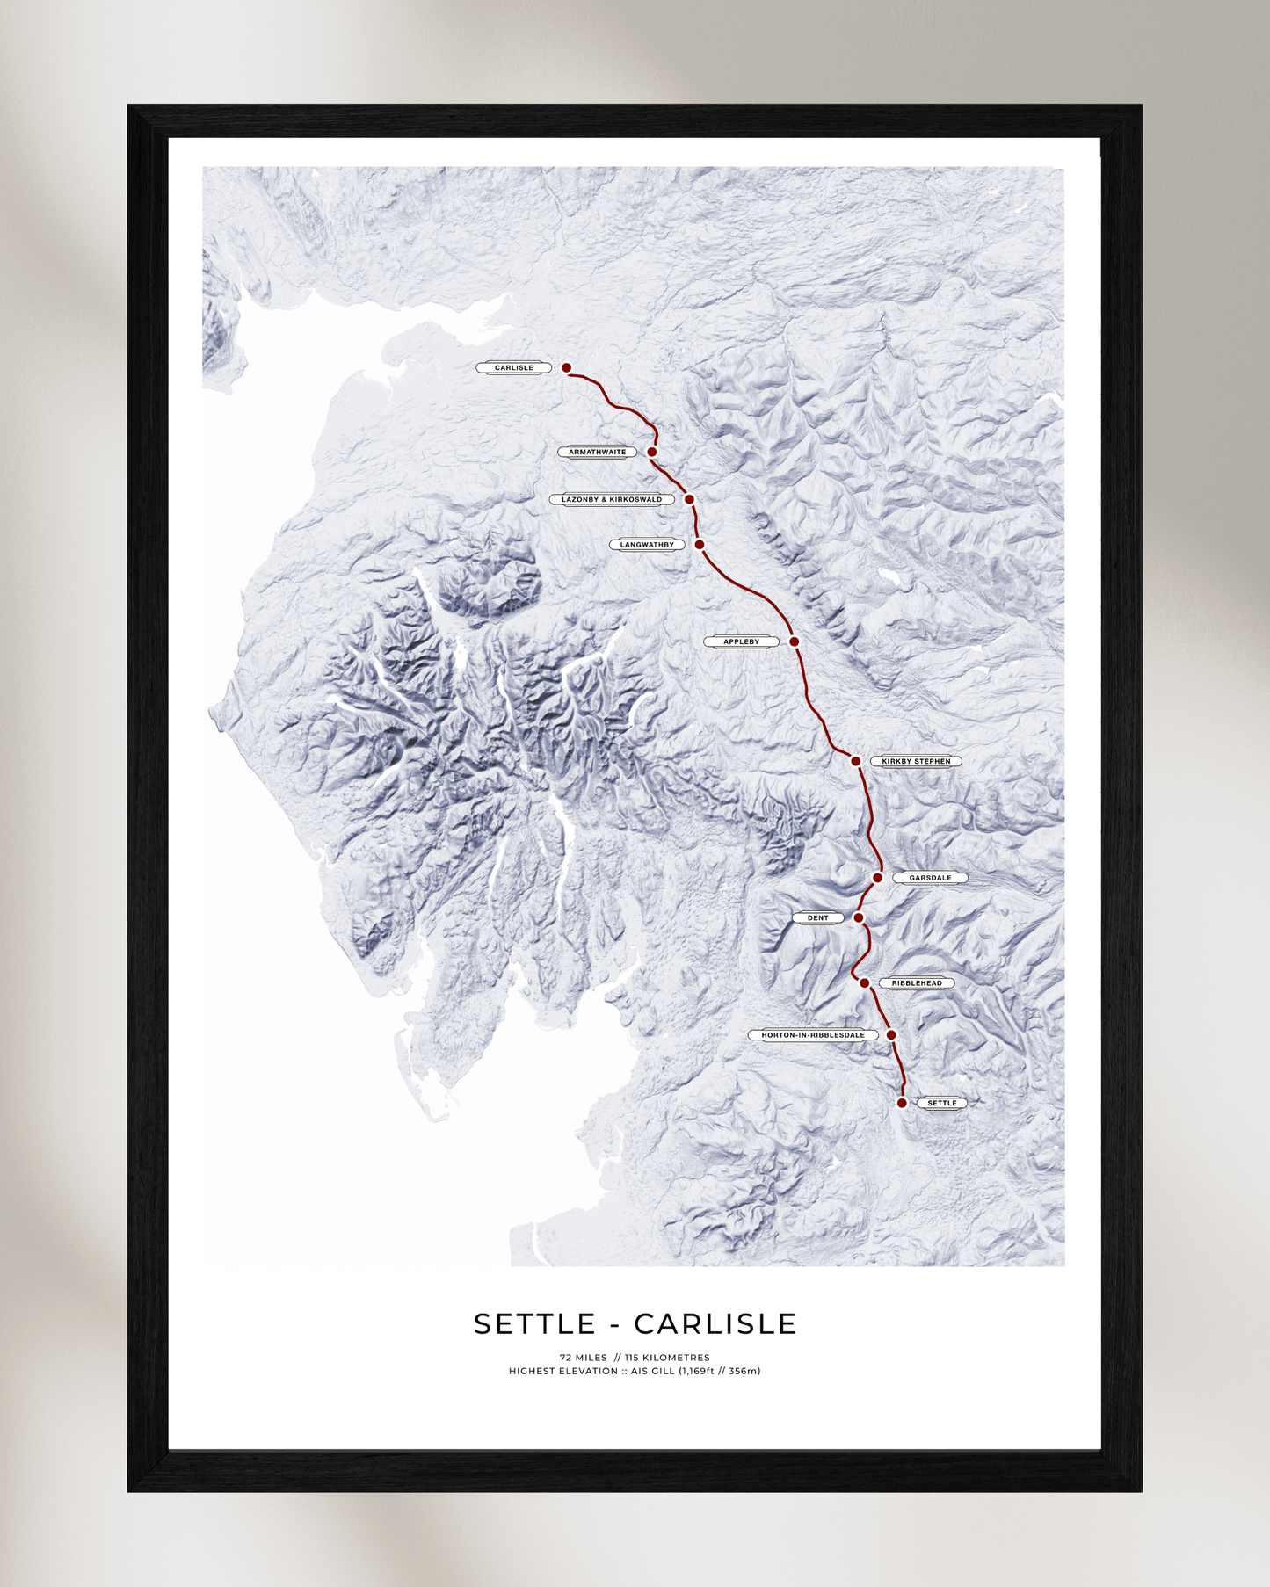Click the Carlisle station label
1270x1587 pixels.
pyautogui.click(x=514, y=368)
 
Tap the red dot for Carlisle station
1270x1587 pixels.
pyautogui.click(x=567, y=368)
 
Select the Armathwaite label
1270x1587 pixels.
pyautogui.click(x=598, y=453)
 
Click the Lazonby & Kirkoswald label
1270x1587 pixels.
pyautogui.click(x=612, y=500)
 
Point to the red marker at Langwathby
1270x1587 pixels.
pyautogui.click(x=700, y=545)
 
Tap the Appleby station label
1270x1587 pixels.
pyautogui.click(x=741, y=642)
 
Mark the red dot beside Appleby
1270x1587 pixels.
pyautogui.click(x=795, y=642)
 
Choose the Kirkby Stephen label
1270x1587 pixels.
pyautogui.click(x=916, y=762)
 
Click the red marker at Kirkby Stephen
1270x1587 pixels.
pyautogui.click(x=856, y=761)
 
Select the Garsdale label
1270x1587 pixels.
pyautogui.click(x=930, y=878)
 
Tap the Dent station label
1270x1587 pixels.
pyautogui.click(x=817, y=918)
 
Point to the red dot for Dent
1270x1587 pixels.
pyautogui.click(x=859, y=917)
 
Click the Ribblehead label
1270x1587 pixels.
pyautogui.click(x=917, y=983)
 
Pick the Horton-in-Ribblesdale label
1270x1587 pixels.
pyautogui.click(x=813, y=1035)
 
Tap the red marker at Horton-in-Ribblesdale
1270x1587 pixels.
pyautogui.click(x=891, y=1035)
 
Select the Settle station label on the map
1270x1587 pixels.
pyautogui.click(x=941, y=1103)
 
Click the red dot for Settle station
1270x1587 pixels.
pyautogui.click(x=902, y=1103)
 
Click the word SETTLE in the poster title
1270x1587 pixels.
pyautogui.click(x=534, y=1324)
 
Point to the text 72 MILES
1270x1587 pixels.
pyautogui.click(x=583, y=1358)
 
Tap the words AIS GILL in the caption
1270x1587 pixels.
pyautogui.click(x=653, y=1371)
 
